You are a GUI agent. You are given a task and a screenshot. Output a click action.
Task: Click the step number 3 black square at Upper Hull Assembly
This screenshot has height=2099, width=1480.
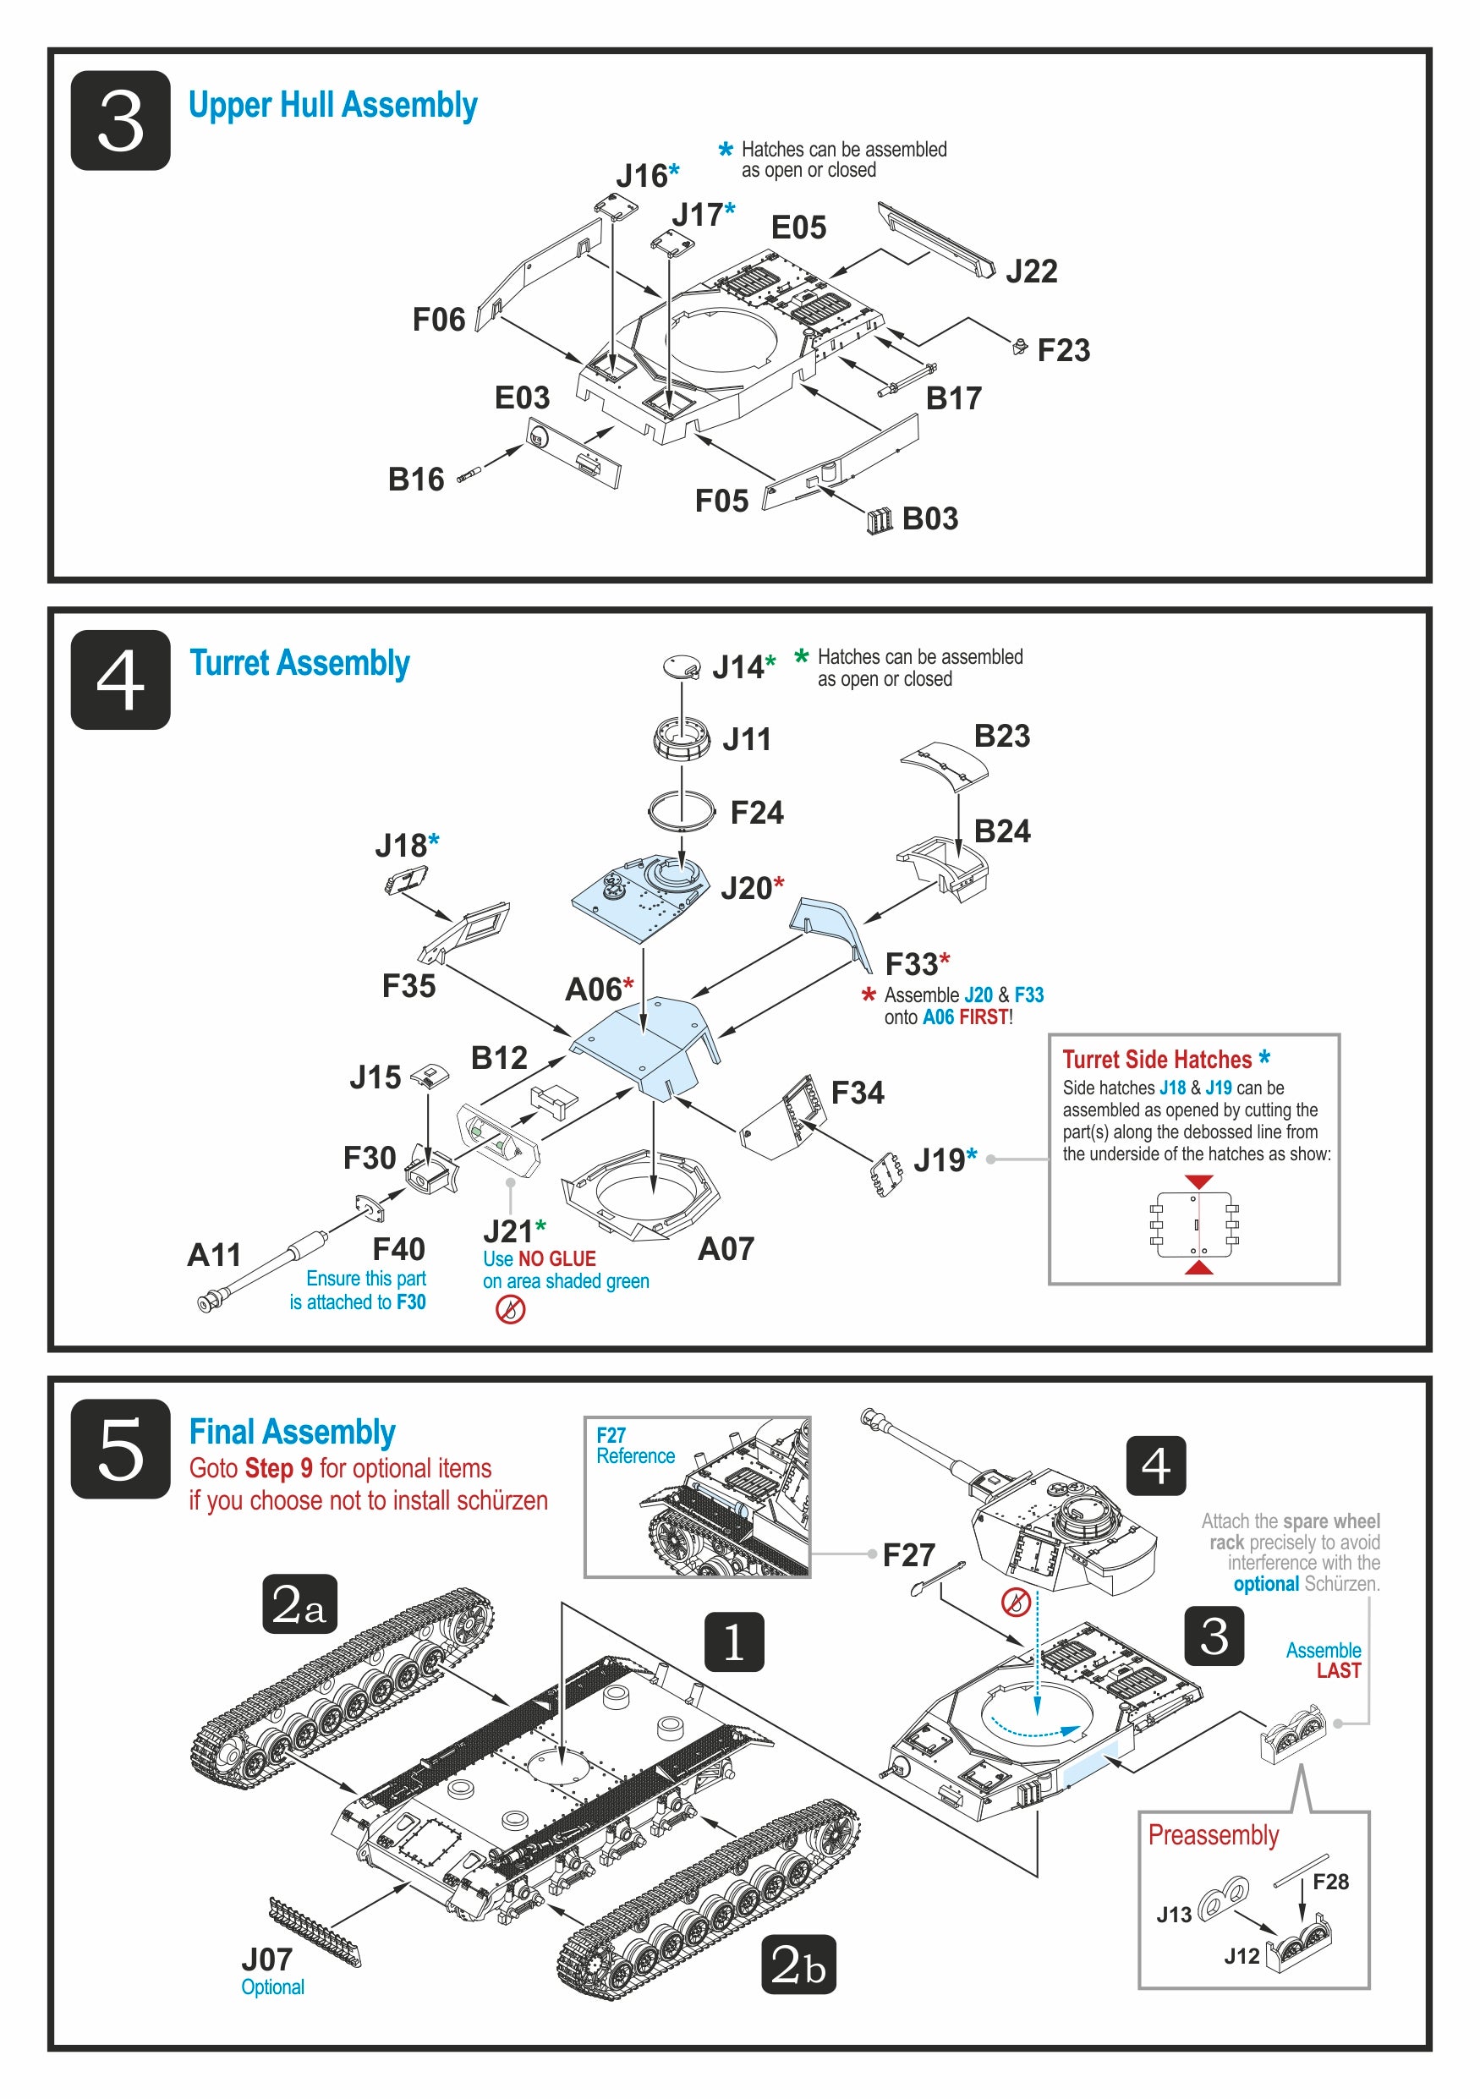(x=121, y=121)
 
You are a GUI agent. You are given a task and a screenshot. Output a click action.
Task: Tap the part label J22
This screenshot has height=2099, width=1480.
(x=1031, y=271)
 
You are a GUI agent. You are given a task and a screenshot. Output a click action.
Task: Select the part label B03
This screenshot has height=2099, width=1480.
(x=929, y=518)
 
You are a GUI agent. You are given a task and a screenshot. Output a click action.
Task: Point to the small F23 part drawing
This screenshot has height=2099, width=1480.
(x=1020, y=347)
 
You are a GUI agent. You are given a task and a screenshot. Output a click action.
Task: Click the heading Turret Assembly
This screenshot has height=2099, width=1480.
(x=299, y=663)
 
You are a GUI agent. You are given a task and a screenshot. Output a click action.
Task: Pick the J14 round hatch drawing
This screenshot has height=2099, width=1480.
(x=682, y=666)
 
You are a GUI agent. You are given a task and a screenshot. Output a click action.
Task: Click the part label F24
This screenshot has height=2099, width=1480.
(x=756, y=812)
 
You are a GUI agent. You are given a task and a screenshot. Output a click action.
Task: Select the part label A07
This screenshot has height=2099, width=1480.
(x=726, y=1249)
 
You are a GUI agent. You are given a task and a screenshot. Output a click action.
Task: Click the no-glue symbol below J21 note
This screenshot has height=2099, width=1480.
(x=510, y=1309)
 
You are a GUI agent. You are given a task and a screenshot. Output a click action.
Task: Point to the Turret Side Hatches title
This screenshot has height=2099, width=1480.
(x=1156, y=1059)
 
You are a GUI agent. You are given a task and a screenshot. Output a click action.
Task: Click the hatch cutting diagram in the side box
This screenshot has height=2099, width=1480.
(x=1197, y=1224)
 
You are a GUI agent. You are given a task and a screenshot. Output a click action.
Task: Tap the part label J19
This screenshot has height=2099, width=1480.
(x=939, y=1160)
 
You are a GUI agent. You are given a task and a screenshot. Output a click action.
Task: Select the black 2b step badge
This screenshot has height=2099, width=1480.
(x=798, y=1964)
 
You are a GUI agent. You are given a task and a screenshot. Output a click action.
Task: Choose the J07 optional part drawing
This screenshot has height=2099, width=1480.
(x=315, y=1930)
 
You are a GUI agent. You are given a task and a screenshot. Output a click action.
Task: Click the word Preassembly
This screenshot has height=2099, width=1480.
(x=1213, y=1835)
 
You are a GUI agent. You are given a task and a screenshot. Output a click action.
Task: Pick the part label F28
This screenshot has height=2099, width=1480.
(x=1330, y=1882)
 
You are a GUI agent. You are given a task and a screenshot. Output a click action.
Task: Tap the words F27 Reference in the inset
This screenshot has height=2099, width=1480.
(x=635, y=1445)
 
